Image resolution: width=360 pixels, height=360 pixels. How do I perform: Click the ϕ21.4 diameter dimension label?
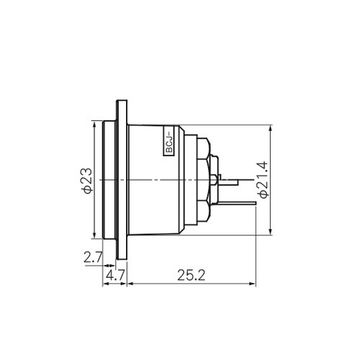[x=262, y=180]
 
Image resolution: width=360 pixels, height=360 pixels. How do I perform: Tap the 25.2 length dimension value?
[x=192, y=275]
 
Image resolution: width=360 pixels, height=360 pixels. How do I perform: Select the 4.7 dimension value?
[x=115, y=276]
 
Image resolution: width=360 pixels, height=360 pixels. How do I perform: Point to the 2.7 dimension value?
[x=93, y=257]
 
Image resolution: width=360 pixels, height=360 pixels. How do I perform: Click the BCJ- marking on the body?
[x=169, y=143]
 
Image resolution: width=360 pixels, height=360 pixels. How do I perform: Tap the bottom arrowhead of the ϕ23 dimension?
[x=94, y=235]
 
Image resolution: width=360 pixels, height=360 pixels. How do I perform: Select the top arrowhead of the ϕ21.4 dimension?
[x=271, y=128]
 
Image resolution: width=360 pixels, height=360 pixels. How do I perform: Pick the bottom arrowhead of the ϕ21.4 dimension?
[x=271, y=231]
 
